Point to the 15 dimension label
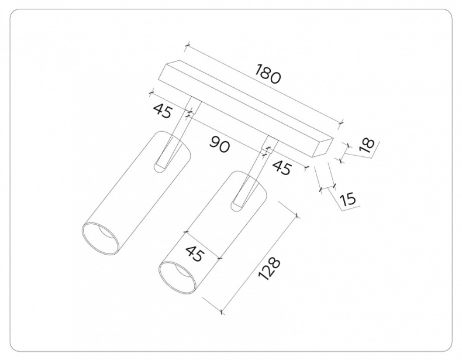point(347,198)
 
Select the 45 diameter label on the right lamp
point(194,255)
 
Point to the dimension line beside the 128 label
point(260,263)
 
